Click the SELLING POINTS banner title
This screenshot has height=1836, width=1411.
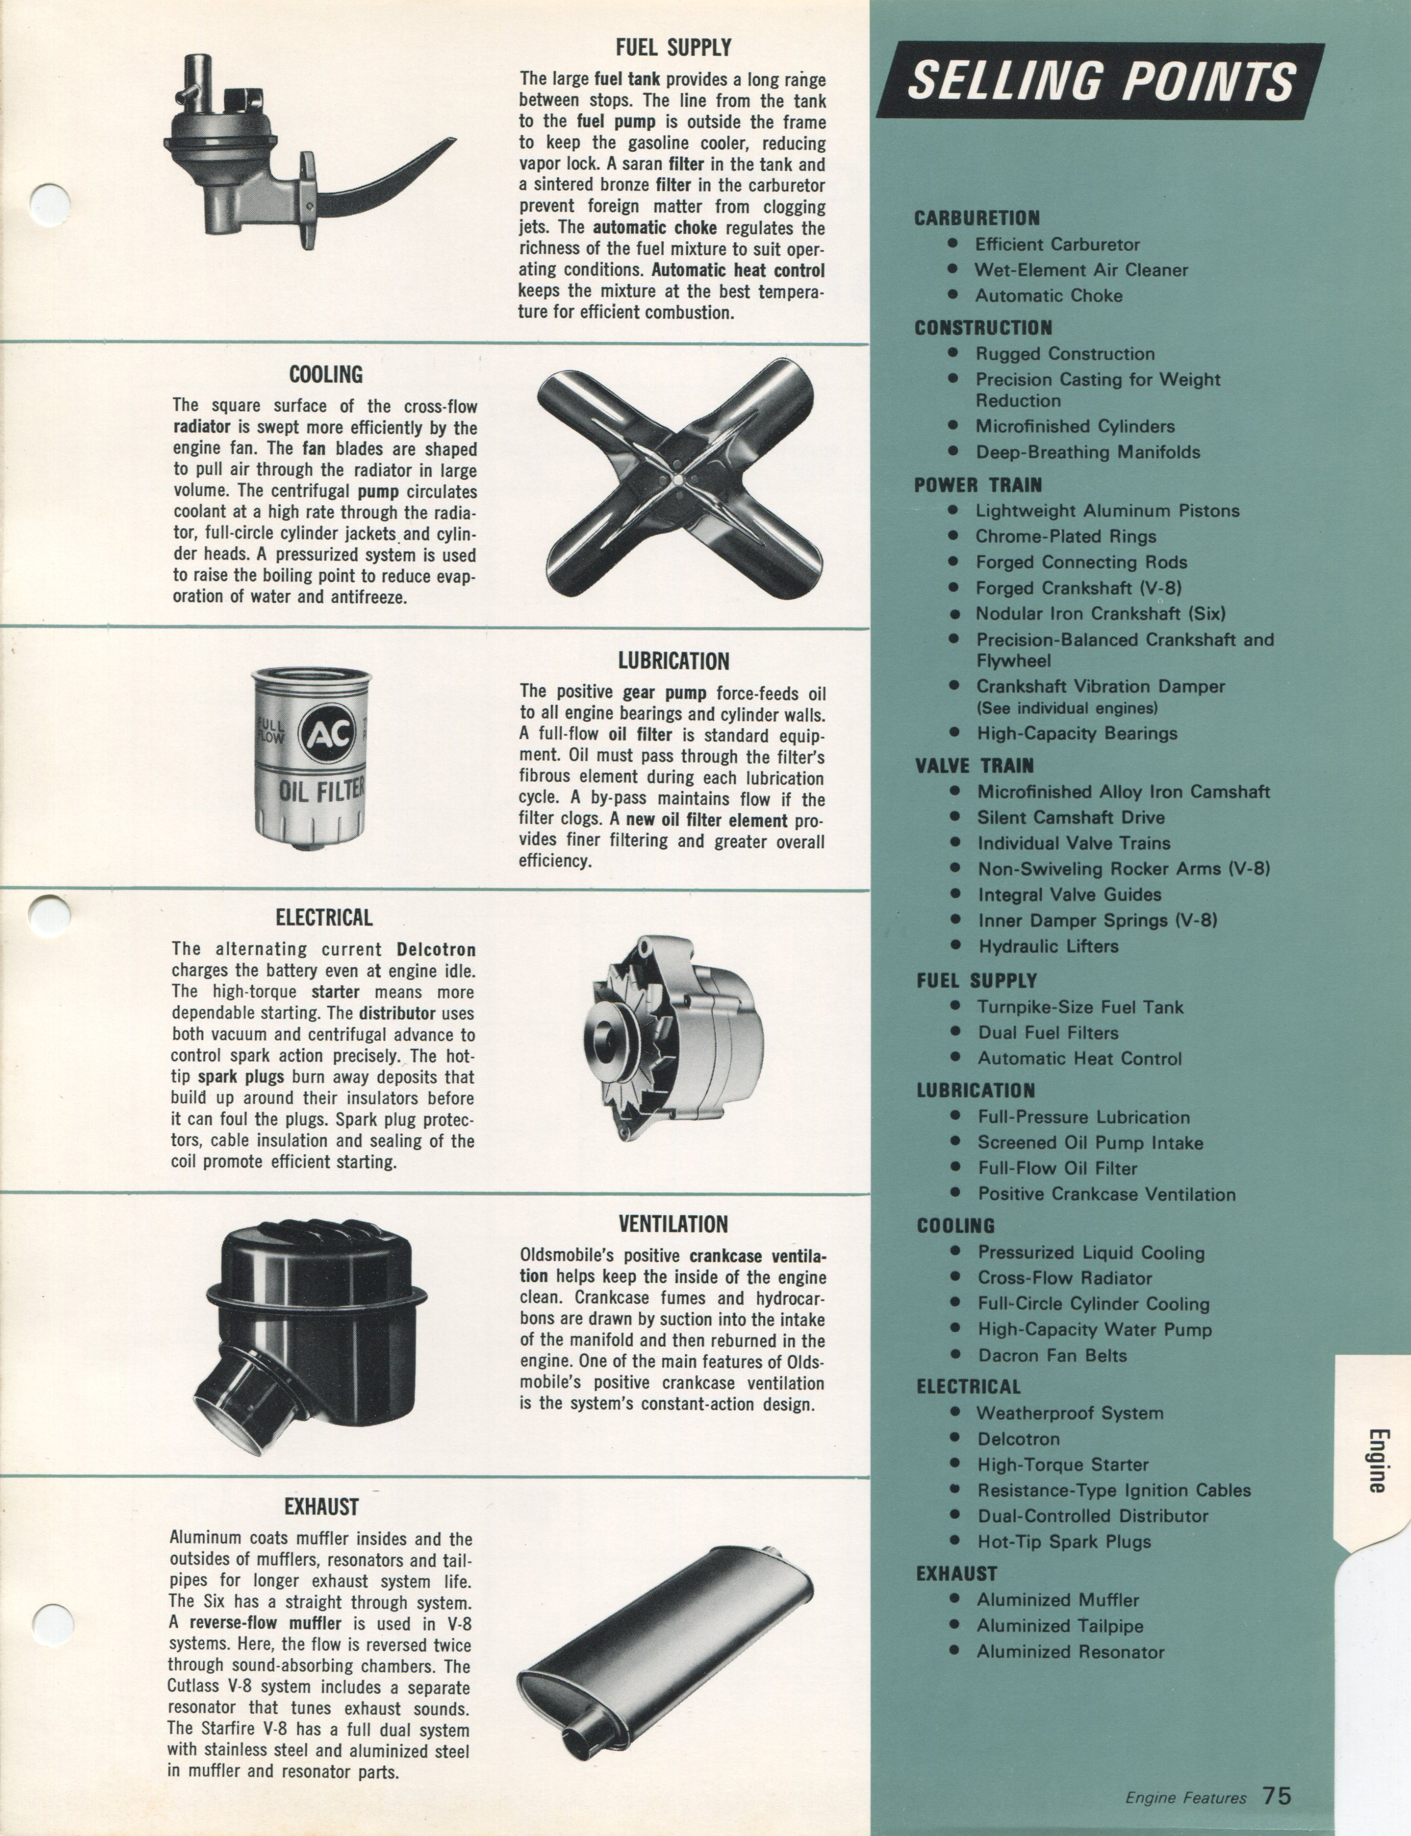click(1100, 81)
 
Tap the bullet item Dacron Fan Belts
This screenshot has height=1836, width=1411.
click(1051, 1355)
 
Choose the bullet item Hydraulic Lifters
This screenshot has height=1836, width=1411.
click(1047, 946)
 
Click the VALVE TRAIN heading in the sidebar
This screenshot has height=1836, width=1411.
click(974, 766)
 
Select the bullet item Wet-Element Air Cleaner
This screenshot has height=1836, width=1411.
click(1080, 270)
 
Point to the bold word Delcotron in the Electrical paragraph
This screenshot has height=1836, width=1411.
click(436, 949)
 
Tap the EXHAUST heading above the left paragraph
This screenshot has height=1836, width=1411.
click(322, 1507)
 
